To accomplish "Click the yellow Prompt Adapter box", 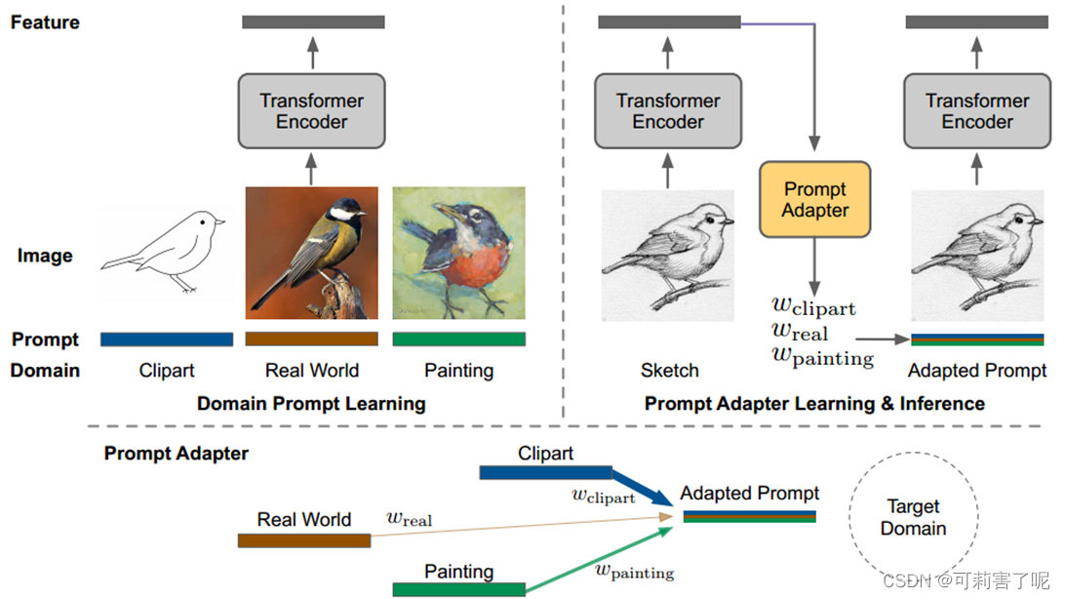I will [x=815, y=199].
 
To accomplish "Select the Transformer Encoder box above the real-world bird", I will [x=312, y=111].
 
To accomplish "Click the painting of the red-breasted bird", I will [x=458, y=252].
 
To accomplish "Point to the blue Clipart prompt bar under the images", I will [x=167, y=339].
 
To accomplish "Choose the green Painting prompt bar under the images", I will [x=458, y=339].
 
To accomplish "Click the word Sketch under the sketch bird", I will [x=669, y=371].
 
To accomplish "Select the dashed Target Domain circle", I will [x=913, y=518].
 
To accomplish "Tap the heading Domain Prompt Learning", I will [x=311, y=403].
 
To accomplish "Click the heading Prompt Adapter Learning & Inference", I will [x=814, y=403].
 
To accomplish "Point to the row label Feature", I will [x=45, y=21].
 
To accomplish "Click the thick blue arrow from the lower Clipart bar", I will [x=643, y=488].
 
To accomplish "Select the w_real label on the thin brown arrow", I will [x=409, y=518].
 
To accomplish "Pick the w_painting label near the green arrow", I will [x=634, y=569].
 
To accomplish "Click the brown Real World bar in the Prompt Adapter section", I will [x=304, y=540].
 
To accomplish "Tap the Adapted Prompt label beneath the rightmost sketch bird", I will [x=976, y=371].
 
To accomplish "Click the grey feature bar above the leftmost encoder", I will [x=313, y=21].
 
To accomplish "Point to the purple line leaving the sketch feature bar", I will [x=780, y=21].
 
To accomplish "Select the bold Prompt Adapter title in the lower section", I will [x=177, y=454].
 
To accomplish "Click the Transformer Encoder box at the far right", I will [x=977, y=111].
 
